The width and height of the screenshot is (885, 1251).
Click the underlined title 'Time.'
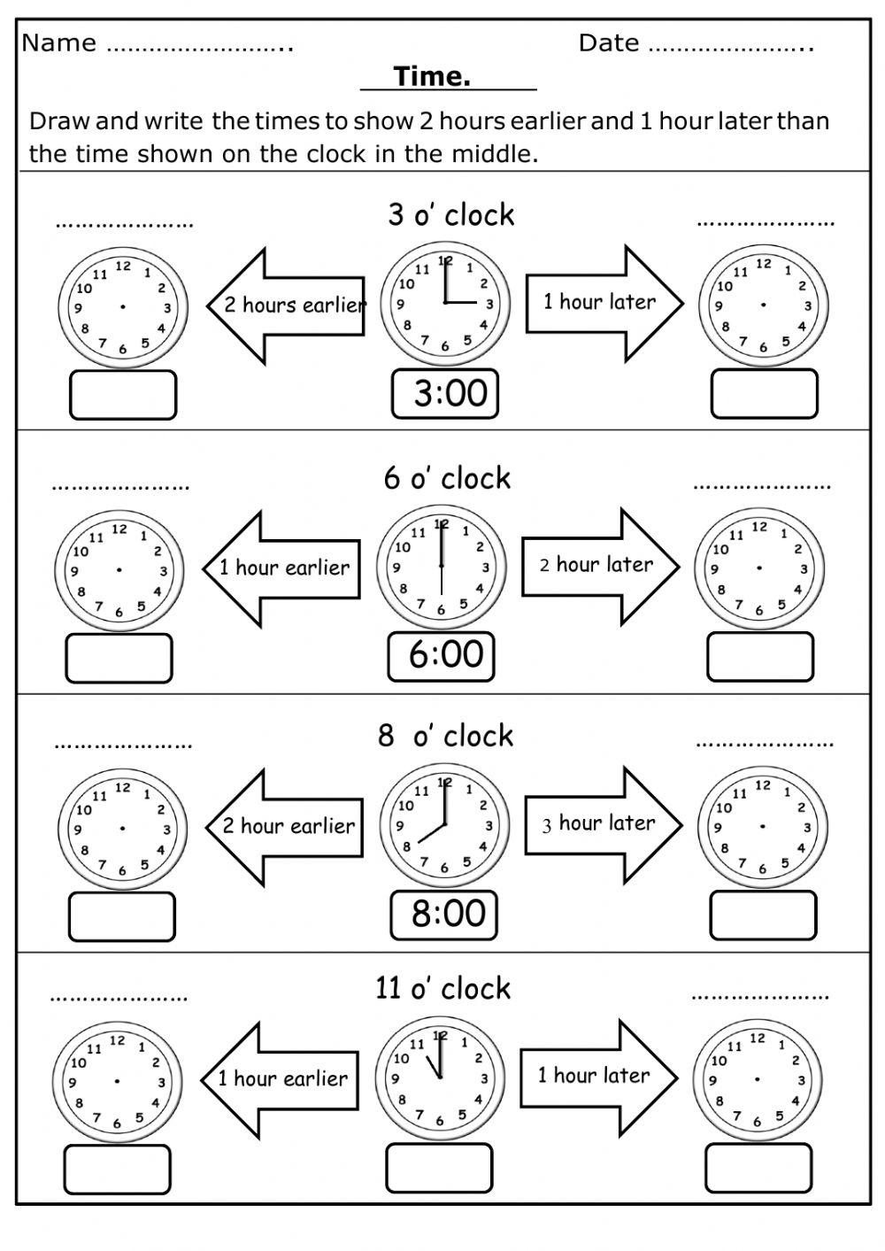coord(433,77)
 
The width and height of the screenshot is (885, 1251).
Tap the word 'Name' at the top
coord(58,42)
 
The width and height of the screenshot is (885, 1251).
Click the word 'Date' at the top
coord(608,42)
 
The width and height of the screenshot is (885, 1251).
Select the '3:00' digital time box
coord(445,393)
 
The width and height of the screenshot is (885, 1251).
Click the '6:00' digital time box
coord(441,656)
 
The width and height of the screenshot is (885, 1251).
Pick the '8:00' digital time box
coord(443,915)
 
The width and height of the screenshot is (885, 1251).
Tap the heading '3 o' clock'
coord(450,214)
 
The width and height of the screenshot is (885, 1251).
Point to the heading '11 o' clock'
coord(442,988)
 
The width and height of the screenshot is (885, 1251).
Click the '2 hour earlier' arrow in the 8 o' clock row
coord(284,827)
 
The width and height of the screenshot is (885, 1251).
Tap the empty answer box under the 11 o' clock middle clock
coord(438,1168)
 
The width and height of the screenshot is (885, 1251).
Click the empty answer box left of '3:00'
coord(123,395)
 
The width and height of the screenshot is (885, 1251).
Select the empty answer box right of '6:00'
coord(759,658)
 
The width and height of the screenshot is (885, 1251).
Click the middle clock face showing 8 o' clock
coord(444,826)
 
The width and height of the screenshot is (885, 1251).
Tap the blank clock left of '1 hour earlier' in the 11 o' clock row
coord(116,1082)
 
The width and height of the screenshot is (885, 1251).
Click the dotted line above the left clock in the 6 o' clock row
coord(120,487)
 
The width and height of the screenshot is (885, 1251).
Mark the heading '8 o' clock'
coord(445,736)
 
